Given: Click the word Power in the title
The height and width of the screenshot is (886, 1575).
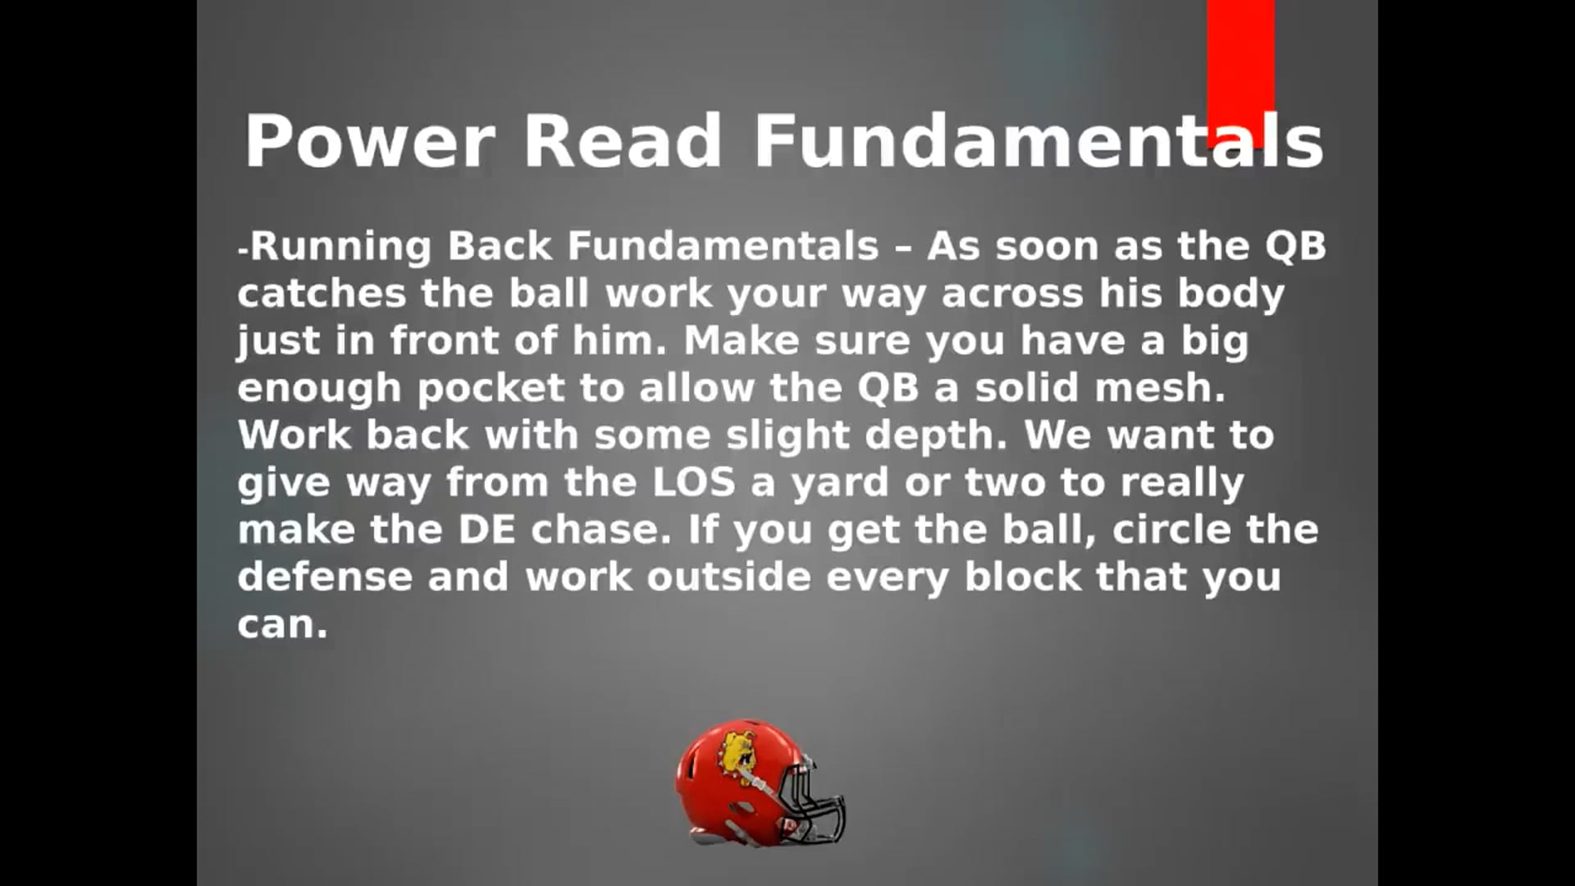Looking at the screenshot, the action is pos(369,140).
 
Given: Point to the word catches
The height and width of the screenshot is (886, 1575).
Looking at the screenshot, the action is pos(322,294).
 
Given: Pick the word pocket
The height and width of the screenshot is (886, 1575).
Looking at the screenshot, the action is pos(491,388).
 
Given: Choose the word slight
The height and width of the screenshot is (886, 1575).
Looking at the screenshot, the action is pos(787,436).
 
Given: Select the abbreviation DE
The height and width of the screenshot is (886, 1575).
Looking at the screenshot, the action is pos(486,530).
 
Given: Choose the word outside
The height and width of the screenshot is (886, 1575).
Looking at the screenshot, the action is pos(728,577).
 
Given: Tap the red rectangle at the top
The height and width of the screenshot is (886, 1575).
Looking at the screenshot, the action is pos(1240,73).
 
